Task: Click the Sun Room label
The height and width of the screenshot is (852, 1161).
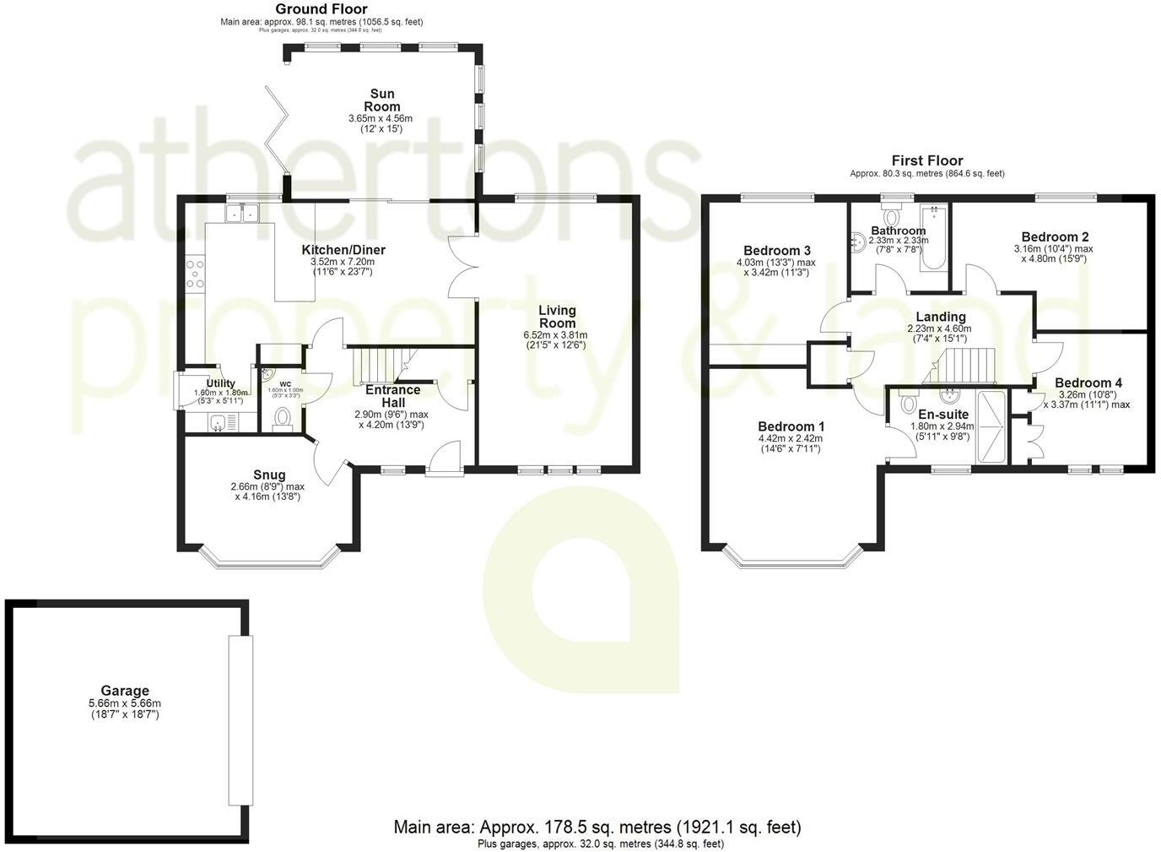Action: click(x=381, y=100)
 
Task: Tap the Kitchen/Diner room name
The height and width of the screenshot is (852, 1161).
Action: click(x=343, y=250)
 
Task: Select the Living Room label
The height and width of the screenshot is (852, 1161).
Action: click(x=557, y=317)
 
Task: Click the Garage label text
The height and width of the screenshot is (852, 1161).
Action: click(x=125, y=691)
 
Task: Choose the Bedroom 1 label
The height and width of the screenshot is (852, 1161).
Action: click(x=791, y=426)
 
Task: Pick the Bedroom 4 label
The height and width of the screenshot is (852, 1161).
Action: click(x=1088, y=383)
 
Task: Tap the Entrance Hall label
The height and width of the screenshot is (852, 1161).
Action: click(x=392, y=396)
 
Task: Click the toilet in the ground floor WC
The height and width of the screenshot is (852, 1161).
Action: click(x=283, y=417)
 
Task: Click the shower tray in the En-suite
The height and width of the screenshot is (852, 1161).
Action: click(x=991, y=426)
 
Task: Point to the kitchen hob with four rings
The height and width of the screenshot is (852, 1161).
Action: click(x=195, y=274)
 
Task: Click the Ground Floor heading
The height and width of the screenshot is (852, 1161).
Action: click(x=321, y=9)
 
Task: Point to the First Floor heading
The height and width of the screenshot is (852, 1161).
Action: click(x=926, y=160)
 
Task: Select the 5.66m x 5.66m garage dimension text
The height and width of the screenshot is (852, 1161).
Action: click(x=125, y=703)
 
